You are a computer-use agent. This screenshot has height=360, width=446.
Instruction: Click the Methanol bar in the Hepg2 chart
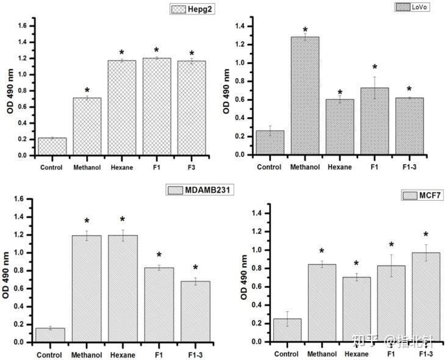point(87,126)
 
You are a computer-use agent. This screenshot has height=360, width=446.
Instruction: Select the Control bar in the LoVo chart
point(270,142)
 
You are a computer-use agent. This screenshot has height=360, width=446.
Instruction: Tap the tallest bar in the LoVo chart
point(305,95)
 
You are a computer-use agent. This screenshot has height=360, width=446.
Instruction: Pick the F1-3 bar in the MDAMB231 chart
point(195,311)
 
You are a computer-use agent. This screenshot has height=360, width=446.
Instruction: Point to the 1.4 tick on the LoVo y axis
point(240,26)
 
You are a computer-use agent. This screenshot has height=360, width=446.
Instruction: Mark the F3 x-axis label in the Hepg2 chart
point(192,167)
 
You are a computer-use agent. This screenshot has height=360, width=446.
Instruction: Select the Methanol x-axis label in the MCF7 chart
point(322,353)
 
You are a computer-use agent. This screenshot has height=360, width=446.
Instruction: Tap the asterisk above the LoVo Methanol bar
point(305,30)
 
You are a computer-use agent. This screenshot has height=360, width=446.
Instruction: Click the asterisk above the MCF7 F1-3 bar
point(426,235)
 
